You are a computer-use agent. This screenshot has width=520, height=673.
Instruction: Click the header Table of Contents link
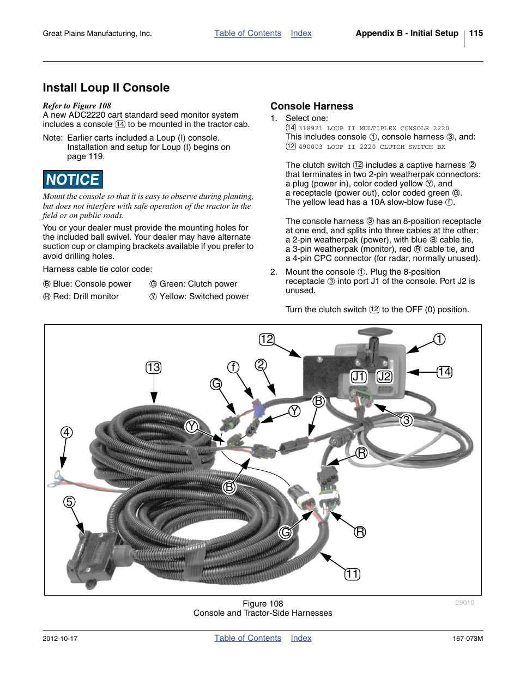(247, 33)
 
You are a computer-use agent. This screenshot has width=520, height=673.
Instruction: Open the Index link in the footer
(301, 638)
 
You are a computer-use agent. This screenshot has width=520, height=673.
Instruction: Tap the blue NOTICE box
(72, 179)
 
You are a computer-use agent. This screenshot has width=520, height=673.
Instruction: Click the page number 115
(476, 33)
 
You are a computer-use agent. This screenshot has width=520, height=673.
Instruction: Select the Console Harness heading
(312, 106)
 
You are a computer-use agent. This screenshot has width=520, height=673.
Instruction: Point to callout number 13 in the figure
(154, 367)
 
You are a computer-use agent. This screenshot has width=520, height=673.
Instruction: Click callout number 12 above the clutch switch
(267, 339)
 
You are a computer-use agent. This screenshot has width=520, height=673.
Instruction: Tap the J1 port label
(359, 377)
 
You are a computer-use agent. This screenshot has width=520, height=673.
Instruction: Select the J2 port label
(384, 377)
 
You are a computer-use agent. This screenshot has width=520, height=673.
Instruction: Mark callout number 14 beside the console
(444, 372)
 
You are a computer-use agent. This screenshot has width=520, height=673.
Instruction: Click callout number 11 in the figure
(352, 574)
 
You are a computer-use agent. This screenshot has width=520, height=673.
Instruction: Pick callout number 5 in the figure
(69, 501)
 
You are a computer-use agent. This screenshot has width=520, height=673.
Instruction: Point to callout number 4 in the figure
(66, 432)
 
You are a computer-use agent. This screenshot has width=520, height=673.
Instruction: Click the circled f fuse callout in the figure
(233, 367)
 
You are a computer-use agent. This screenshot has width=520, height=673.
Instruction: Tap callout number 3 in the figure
(406, 420)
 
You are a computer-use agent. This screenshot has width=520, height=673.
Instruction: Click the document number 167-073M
(468, 639)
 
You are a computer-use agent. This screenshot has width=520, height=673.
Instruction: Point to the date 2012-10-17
(60, 639)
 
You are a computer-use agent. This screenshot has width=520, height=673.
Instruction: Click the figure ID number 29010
(464, 603)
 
